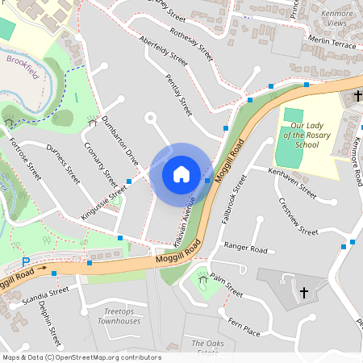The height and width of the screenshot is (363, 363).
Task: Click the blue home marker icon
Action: (x=181, y=173)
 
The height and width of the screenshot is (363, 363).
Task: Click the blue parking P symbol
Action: (x=26, y=262)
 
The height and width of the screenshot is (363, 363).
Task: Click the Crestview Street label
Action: (x=298, y=216)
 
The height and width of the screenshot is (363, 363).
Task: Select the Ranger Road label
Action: (x=245, y=249)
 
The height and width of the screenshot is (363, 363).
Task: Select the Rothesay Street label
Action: (x=193, y=45)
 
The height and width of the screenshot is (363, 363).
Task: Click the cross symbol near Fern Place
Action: (x=304, y=292)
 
